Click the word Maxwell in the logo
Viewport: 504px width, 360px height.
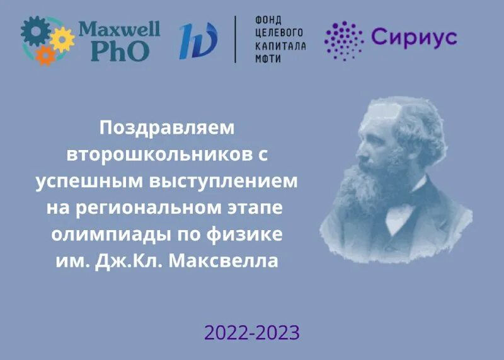(x=118, y=30)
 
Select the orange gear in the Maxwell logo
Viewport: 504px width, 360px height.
(x=45, y=55)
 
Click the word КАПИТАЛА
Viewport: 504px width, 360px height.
(x=280, y=45)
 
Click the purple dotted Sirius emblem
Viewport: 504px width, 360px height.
(x=343, y=40)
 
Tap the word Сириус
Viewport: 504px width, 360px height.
(x=413, y=38)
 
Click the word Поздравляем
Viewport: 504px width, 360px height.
(x=166, y=127)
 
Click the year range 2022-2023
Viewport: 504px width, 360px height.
(x=251, y=332)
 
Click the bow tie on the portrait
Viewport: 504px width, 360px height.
(x=403, y=208)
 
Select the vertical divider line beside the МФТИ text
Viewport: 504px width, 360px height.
(x=236, y=39)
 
